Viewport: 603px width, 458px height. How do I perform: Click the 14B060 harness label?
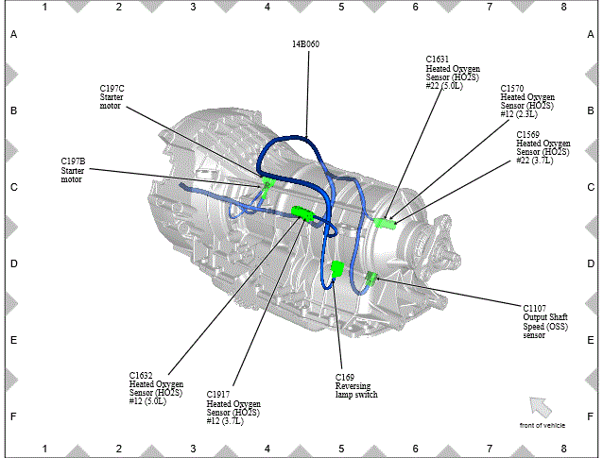pos(305,44)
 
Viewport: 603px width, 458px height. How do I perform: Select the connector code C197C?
pos(112,89)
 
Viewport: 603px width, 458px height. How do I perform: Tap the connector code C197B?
pos(73,161)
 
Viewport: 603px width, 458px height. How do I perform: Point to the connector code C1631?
pos(438,59)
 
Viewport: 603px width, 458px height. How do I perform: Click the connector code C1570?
pos(512,89)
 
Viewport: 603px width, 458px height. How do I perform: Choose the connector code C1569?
pos(527,135)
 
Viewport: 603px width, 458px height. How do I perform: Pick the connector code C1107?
pos(534,309)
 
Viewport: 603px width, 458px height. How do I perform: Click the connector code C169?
pos(345,378)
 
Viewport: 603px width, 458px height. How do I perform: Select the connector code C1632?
pos(141,376)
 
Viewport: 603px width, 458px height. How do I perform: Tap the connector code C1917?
pos(218,395)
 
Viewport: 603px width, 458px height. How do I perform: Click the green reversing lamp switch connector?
pos(337,268)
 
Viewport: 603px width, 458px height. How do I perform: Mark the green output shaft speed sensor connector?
pos(371,279)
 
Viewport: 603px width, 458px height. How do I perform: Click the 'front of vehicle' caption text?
pos(543,425)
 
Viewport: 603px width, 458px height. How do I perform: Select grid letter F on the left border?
pos(13,416)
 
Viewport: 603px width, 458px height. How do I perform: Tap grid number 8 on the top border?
pos(563,7)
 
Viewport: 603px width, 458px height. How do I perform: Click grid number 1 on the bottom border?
pos(44,449)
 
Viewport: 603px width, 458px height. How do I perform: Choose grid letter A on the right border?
pos(591,35)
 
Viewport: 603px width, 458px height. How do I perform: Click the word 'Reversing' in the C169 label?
pos(353,386)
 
